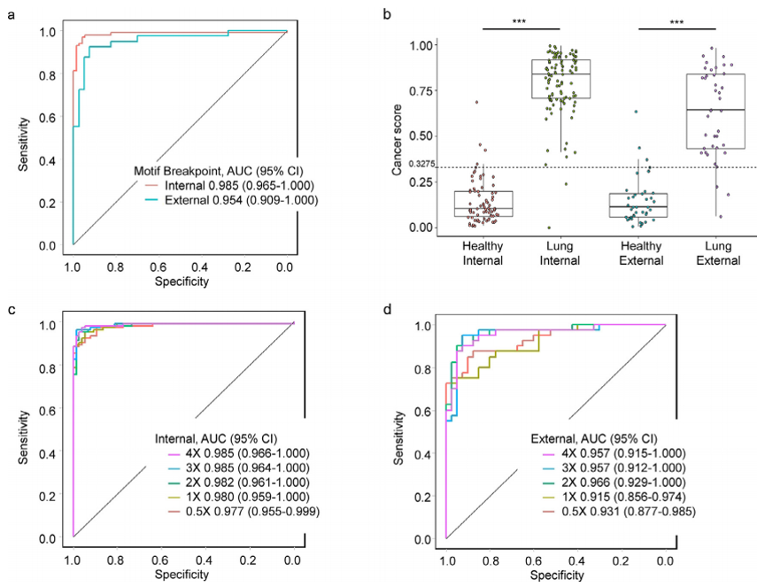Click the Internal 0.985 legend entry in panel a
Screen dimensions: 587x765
coord(226,185)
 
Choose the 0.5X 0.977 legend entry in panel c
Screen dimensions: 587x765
coord(237,511)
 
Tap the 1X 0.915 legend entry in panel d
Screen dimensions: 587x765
coord(611,497)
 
